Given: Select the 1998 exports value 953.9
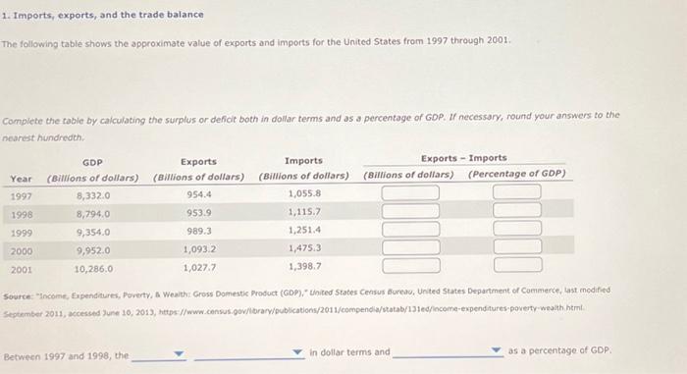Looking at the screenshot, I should [x=199, y=212].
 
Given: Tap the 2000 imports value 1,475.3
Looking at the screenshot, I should [x=304, y=248].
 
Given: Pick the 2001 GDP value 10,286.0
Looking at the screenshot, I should [x=93, y=266].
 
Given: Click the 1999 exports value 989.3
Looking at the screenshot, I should [x=199, y=231].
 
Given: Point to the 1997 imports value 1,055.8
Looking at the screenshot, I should [x=304, y=194].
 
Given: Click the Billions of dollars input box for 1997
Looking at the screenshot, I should [x=409, y=193].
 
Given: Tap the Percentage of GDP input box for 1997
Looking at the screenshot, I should [x=516, y=193].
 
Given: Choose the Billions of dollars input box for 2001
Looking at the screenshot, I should [x=409, y=265].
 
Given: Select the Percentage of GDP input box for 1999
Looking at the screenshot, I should [x=516, y=230].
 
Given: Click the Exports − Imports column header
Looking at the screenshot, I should [x=463, y=158].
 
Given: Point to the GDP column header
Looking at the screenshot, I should [x=93, y=161].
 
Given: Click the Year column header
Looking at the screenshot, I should [x=21, y=178].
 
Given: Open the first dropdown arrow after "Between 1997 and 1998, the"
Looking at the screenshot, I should [x=179, y=353].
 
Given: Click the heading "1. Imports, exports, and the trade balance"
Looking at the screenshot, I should [x=102, y=15].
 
